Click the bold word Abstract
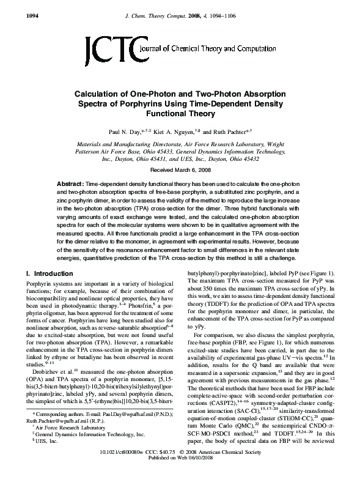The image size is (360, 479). click(x=71, y=184)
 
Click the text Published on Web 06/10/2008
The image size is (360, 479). click(x=180, y=473)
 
